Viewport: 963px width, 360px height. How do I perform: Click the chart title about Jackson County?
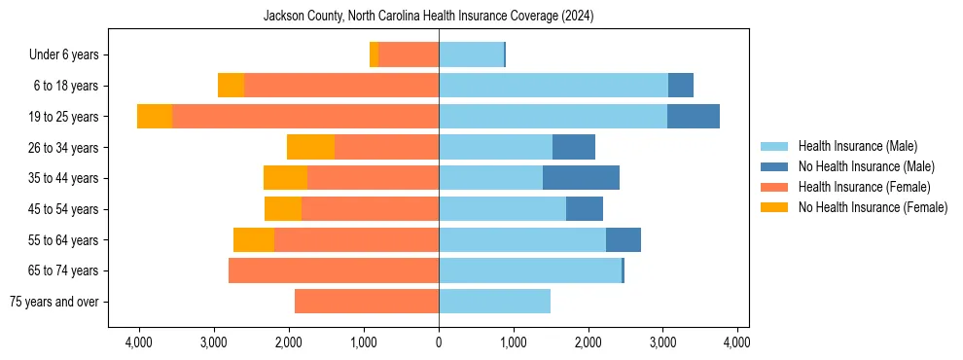(x=429, y=17)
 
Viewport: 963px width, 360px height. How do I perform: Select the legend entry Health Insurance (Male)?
(x=857, y=146)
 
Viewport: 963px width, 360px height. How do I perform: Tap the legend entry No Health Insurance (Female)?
(x=872, y=207)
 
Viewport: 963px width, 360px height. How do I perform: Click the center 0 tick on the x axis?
(x=439, y=342)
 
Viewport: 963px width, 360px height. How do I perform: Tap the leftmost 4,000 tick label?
(x=139, y=342)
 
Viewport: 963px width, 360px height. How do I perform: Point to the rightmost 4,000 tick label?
(x=737, y=342)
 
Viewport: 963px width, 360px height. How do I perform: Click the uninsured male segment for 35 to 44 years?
(x=581, y=178)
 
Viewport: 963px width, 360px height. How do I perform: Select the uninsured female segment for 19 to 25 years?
(x=155, y=117)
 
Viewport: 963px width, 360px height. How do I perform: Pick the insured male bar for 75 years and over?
(x=494, y=302)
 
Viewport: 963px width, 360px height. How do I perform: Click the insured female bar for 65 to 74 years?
(x=334, y=270)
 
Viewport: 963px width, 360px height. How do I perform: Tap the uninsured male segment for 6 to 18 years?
(x=681, y=86)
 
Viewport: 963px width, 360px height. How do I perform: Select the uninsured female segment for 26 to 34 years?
(x=310, y=147)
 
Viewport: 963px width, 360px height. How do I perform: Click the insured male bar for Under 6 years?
(x=471, y=54)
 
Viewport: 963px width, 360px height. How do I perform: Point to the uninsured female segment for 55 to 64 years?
(x=254, y=239)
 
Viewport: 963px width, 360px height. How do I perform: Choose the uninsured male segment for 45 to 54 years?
(x=585, y=208)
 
